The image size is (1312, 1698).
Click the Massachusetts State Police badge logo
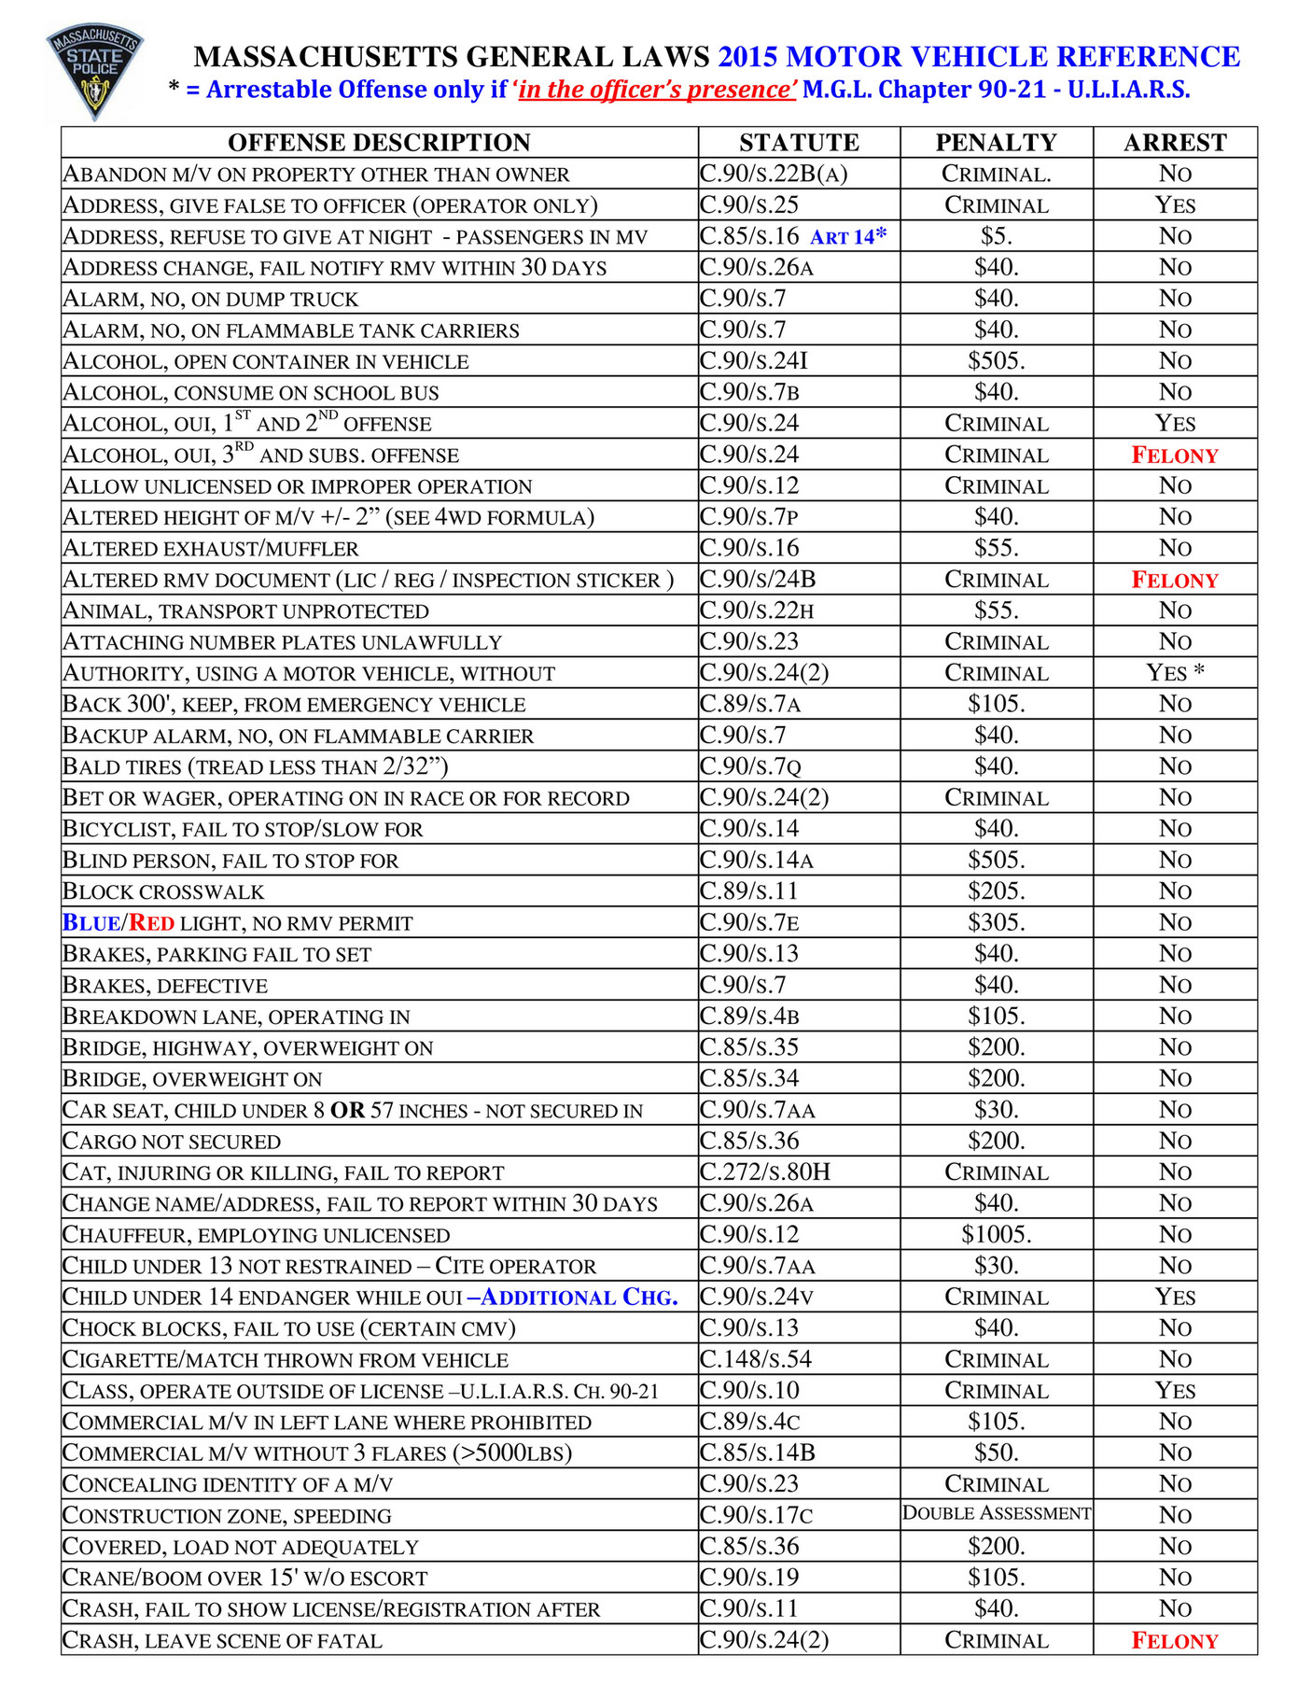(94, 72)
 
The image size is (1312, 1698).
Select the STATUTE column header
(799, 143)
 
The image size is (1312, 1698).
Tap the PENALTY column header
(996, 143)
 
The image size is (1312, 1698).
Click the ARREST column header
(1174, 143)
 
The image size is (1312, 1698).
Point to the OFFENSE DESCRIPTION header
(379, 143)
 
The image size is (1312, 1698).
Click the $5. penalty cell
(996, 236)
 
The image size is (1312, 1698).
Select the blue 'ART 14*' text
(847, 237)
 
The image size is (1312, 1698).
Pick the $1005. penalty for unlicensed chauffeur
(996, 1235)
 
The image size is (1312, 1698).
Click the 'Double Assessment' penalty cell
(996, 1513)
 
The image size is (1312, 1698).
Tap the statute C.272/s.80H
(764, 1172)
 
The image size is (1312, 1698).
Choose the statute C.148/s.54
(756, 1359)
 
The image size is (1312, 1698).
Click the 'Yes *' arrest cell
(1174, 673)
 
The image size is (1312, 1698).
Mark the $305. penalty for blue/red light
(996, 923)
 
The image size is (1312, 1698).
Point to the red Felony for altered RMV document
(1174, 580)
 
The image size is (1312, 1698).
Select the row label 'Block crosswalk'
(163, 891)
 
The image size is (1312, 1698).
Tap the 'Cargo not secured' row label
(172, 1142)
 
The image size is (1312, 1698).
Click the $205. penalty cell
(996, 891)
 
